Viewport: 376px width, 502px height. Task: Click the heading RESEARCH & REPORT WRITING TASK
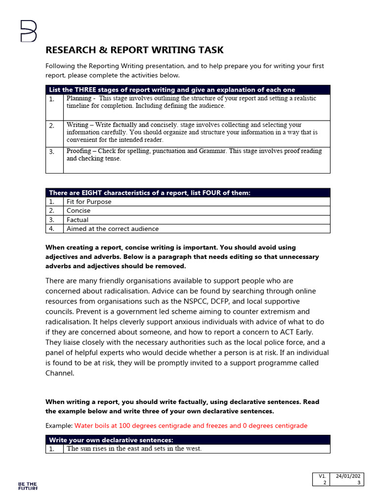[x=134, y=50]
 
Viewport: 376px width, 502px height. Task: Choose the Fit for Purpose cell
[x=89, y=201]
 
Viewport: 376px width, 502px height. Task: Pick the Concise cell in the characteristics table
[x=78, y=211]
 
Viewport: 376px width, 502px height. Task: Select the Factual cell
[x=77, y=220]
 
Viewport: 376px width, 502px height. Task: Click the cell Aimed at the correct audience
[x=113, y=229]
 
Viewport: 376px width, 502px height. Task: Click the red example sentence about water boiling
[x=190, y=426]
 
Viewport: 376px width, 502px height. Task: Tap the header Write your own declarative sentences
[x=111, y=440]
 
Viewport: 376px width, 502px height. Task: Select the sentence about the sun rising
[x=134, y=449]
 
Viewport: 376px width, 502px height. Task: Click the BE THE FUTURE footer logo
[x=28, y=486]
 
